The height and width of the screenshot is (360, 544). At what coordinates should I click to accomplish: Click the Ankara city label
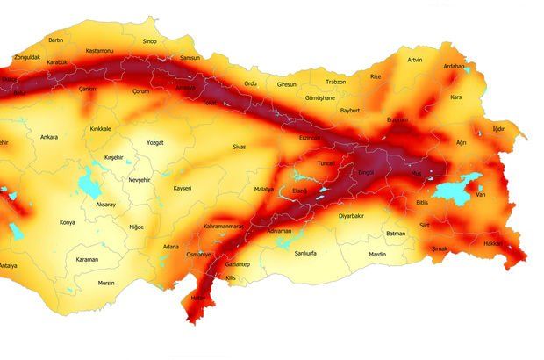point(49,137)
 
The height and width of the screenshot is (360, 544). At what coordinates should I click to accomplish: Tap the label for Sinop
point(150,40)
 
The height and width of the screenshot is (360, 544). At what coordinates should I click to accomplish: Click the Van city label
point(480,195)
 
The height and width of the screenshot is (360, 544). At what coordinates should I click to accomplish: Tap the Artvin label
point(415,60)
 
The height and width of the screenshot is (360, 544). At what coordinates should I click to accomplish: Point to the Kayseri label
point(182,188)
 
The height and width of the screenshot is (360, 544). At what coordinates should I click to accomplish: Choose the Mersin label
point(106,283)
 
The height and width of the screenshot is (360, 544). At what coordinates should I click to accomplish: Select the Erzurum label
point(397,119)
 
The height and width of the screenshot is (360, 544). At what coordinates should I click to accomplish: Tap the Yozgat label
point(155,141)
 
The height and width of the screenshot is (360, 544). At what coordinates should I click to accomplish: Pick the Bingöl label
point(366,172)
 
